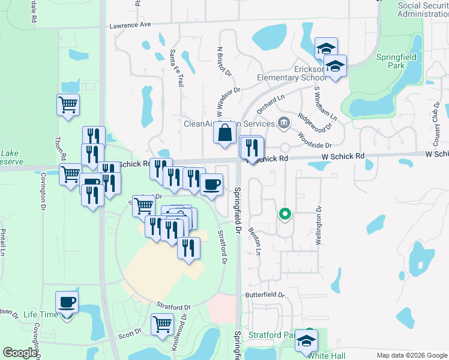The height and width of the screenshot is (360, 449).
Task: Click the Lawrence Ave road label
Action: pos(130,25)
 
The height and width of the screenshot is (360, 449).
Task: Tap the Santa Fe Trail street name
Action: pos(178,68)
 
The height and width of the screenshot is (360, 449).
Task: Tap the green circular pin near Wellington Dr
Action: pos(285,214)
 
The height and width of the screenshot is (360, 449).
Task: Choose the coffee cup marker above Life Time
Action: pos(67,302)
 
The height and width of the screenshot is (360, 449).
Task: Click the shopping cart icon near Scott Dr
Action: pos(162,325)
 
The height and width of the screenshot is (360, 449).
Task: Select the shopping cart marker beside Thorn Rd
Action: pos(68,106)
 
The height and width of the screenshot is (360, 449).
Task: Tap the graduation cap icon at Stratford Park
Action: pos(307,341)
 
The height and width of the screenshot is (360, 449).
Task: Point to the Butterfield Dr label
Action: pos(264,295)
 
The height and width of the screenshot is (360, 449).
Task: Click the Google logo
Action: pos(20,352)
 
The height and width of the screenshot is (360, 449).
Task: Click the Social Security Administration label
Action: pos(423,10)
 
